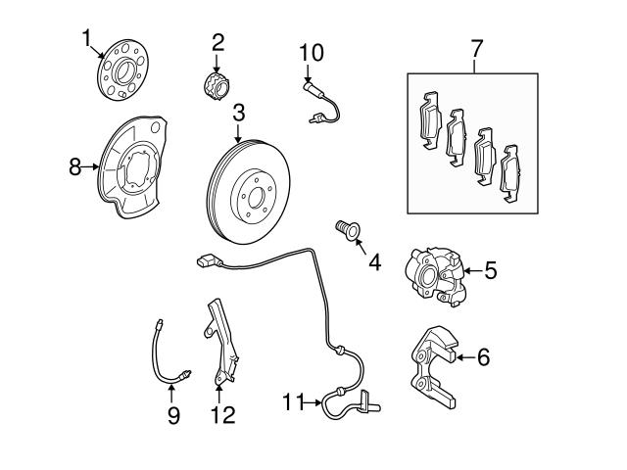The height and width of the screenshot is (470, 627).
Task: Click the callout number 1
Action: tap(87, 38)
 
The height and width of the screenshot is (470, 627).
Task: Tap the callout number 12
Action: tap(222, 415)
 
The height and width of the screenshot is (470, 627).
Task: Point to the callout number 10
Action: tap(310, 50)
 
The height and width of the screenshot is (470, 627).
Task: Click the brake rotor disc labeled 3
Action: tap(253, 186)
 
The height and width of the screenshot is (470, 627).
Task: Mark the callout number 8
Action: tap(74, 166)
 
